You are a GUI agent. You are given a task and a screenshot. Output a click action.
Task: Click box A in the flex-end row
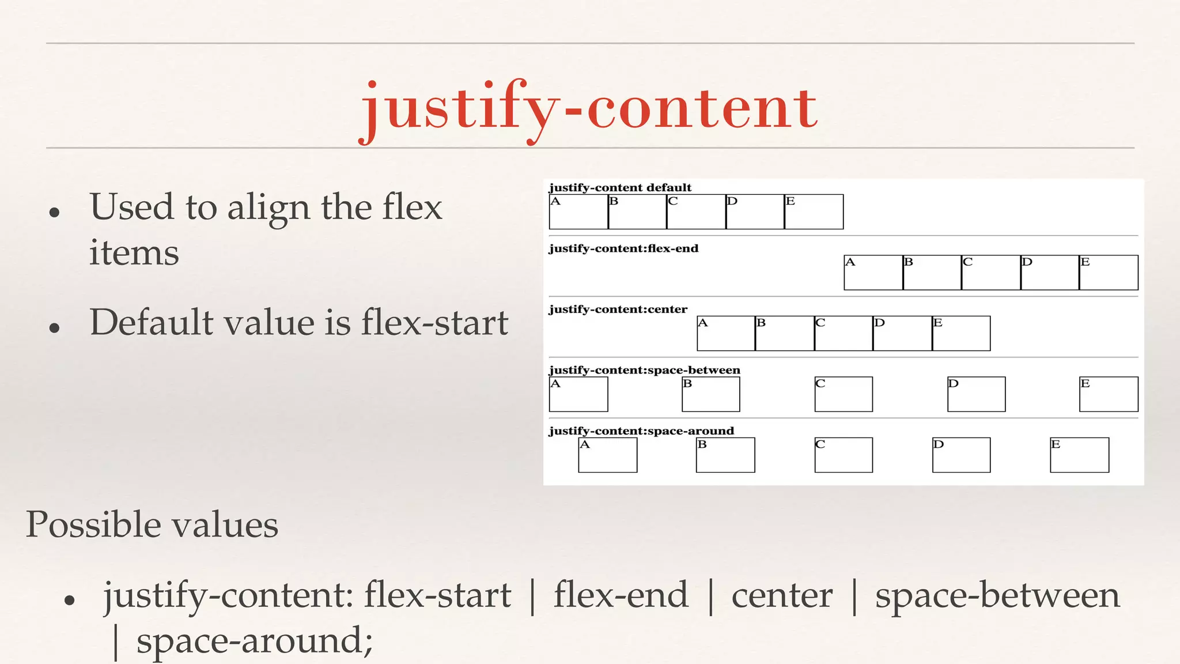pyautogui.click(x=873, y=273)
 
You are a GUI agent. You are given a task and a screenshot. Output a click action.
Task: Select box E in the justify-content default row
pyautogui.click(x=814, y=212)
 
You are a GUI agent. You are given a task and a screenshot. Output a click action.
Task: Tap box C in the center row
pyautogui.click(x=844, y=333)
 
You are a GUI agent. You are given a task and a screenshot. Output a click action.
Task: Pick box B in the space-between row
pyautogui.click(x=710, y=394)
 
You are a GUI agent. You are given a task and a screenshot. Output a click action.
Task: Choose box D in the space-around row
pyautogui.click(x=961, y=455)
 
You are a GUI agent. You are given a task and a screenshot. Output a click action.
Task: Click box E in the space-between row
pyautogui.click(x=1109, y=394)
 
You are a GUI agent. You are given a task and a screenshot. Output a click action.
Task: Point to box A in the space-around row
pyautogui.click(x=607, y=455)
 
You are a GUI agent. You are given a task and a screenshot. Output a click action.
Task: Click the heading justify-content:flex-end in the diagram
pyautogui.click(x=623, y=248)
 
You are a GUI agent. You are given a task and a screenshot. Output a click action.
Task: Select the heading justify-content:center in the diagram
pyautogui.click(x=618, y=310)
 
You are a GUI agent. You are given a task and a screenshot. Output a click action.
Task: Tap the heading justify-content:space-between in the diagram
pyautogui.click(x=644, y=370)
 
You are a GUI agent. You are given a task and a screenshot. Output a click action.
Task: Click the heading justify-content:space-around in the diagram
pyautogui.click(x=641, y=431)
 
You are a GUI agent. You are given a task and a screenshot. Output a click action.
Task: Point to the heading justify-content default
pyautogui.click(x=620, y=187)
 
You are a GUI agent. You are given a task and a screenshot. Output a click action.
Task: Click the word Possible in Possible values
pyautogui.click(x=93, y=525)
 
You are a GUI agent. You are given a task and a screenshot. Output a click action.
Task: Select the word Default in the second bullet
pyautogui.click(x=152, y=322)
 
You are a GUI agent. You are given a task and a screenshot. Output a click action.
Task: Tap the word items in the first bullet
pyautogui.click(x=134, y=253)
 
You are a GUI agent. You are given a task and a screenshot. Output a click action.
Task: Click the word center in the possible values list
pyautogui.click(x=782, y=595)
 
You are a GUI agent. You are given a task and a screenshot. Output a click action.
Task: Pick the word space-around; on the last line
pyautogui.click(x=255, y=640)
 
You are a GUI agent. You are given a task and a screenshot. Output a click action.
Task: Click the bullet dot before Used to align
pyautogui.click(x=55, y=212)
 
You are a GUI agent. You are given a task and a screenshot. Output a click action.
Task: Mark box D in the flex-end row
pyautogui.click(x=1049, y=273)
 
